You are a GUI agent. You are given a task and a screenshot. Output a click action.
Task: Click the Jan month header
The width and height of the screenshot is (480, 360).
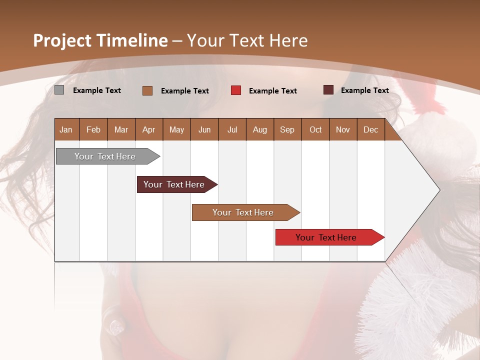pos(66,129)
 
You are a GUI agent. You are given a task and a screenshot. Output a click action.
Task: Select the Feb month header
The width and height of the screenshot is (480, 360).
pos(93,129)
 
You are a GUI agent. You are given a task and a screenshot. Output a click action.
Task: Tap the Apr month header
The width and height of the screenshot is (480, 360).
pos(148,129)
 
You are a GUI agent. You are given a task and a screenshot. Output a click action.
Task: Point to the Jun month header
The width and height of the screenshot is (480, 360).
pos(204,129)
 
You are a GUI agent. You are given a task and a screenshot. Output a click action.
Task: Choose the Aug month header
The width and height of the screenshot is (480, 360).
pos(259,129)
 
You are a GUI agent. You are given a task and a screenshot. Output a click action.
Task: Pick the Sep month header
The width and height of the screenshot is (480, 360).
pos(287,129)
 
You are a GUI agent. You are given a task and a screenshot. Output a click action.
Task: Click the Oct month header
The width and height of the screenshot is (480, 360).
pos(315,129)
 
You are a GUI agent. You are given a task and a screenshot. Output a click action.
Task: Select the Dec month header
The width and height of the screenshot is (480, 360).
pos(370,129)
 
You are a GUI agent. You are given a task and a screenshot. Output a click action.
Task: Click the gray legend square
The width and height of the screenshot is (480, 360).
pos(59,90)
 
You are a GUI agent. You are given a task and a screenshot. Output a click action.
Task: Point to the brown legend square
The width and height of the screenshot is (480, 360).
pos(147,90)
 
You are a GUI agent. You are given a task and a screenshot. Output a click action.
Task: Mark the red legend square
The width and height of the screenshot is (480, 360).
pos(236,90)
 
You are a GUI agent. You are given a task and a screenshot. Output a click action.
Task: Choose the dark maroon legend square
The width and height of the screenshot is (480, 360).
pos(328,90)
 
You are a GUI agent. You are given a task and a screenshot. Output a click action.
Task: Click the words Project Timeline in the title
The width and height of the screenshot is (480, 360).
pos(100,40)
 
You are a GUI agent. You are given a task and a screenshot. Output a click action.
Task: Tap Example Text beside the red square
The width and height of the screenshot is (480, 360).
pos(272,91)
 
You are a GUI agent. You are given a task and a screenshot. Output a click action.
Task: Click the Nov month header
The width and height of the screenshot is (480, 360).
pos(343,129)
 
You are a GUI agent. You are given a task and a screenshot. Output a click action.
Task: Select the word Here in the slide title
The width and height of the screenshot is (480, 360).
pos(288,40)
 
